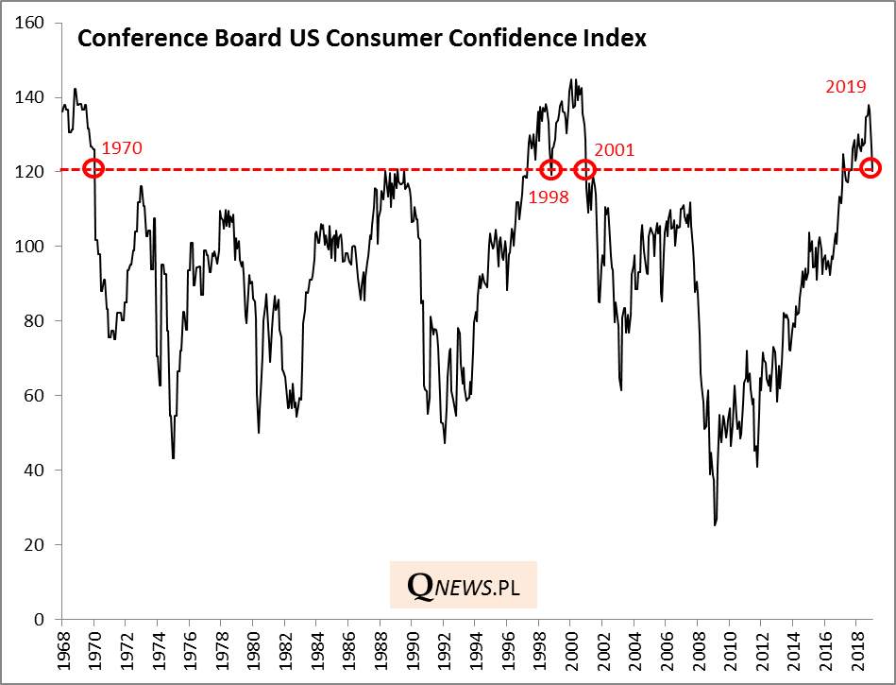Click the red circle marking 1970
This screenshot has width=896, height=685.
click(93, 168)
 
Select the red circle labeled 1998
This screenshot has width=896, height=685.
click(551, 170)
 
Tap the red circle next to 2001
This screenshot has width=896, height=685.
click(584, 170)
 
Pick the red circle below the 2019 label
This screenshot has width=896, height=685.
click(871, 168)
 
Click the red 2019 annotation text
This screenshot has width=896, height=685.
click(846, 87)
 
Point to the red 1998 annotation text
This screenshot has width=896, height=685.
click(548, 197)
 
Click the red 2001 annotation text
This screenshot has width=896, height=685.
click(615, 149)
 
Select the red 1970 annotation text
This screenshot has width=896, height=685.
click(121, 148)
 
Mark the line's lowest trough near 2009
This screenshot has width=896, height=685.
click(715, 524)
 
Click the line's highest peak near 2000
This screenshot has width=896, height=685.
click(572, 79)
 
